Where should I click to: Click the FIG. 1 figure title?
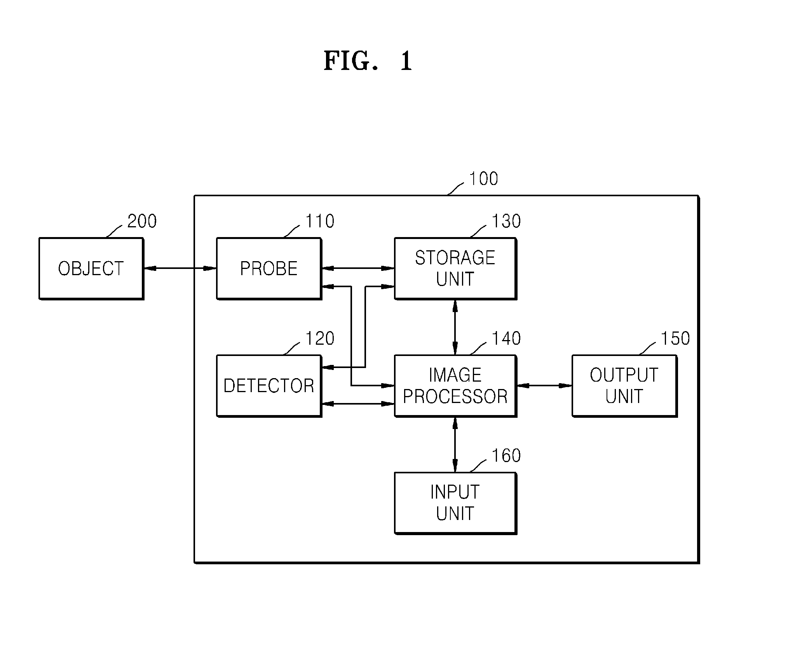(368, 61)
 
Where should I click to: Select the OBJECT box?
(91, 269)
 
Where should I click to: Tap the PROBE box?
(269, 269)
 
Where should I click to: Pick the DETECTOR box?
(269, 386)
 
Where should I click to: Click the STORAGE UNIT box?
(455, 269)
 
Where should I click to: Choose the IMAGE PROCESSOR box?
(455, 386)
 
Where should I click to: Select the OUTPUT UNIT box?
(624, 386)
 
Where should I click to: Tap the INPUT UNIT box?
(455, 503)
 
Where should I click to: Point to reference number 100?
(483, 179)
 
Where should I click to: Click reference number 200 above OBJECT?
(142, 221)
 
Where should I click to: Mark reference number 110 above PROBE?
(320, 221)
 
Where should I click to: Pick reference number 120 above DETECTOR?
(320, 338)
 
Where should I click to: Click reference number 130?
(506, 221)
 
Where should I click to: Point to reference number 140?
(506, 338)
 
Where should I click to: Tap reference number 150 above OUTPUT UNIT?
(675, 338)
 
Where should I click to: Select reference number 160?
(506, 455)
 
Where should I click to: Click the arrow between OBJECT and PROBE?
(180, 268)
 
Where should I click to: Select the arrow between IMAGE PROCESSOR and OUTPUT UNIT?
(544, 386)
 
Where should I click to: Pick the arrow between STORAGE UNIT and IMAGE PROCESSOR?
(455, 327)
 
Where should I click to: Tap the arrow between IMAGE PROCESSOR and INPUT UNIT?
(455, 445)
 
